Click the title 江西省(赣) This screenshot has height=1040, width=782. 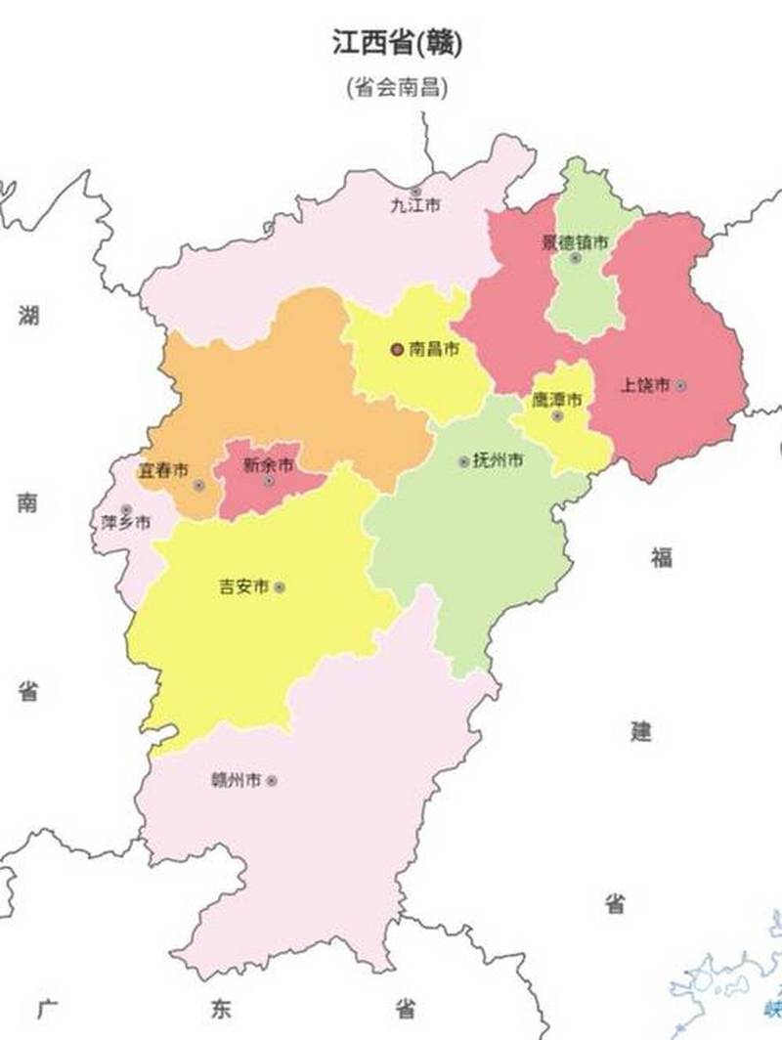point(397,44)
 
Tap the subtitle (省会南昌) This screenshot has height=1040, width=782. point(397,88)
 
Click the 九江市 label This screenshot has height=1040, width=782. point(415,206)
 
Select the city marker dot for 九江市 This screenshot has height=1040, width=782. point(416,191)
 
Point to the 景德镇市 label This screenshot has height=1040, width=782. point(576,241)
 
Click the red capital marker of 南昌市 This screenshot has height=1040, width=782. point(397,349)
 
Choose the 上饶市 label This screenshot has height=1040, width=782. point(645,385)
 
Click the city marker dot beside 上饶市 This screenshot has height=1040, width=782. point(681,386)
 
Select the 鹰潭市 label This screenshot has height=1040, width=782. point(557,400)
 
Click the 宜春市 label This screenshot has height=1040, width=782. point(162,471)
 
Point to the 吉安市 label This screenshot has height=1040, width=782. point(243,587)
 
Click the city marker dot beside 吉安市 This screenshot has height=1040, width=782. point(280,587)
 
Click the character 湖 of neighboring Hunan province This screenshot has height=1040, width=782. point(28,317)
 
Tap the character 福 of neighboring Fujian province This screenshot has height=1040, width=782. point(662,558)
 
